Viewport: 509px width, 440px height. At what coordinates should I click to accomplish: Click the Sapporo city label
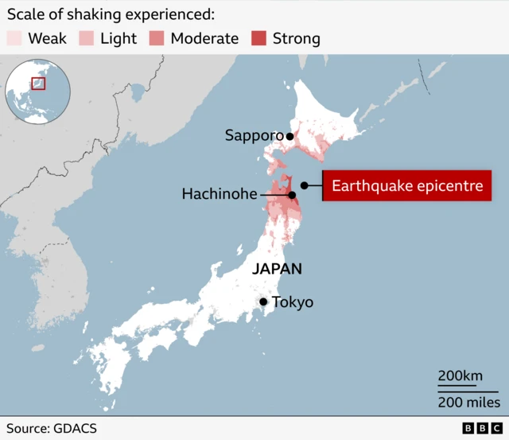click(x=254, y=136)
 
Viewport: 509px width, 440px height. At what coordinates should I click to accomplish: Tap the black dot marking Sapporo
click(x=290, y=136)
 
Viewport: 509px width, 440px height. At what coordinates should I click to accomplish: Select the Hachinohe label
click(x=220, y=193)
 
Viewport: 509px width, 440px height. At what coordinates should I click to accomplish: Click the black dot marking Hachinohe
click(x=292, y=194)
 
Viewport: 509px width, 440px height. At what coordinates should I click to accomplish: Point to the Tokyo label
click(x=293, y=302)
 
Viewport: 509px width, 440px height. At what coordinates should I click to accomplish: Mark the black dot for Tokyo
click(x=263, y=302)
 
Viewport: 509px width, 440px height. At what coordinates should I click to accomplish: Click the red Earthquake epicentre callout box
click(x=406, y=186)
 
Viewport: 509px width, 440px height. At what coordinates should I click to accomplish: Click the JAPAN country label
click(x=277, y=269)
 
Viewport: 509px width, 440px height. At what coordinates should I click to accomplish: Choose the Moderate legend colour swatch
click(x=157, y=38)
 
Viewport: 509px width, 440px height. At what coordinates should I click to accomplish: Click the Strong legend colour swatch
click(x=259, y=38)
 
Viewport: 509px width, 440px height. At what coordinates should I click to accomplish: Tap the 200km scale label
click(x=460, y=376)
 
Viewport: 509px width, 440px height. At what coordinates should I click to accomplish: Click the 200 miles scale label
click(x=468, y=402)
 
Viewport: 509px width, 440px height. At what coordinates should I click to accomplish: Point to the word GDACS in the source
click(x=76, y=428)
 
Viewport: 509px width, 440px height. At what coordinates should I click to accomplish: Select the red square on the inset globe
click(x=37, y=83)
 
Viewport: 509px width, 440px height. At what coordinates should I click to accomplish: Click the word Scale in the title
click(x=26, y=14)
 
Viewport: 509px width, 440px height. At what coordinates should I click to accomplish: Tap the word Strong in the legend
click(x=297, y=38)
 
